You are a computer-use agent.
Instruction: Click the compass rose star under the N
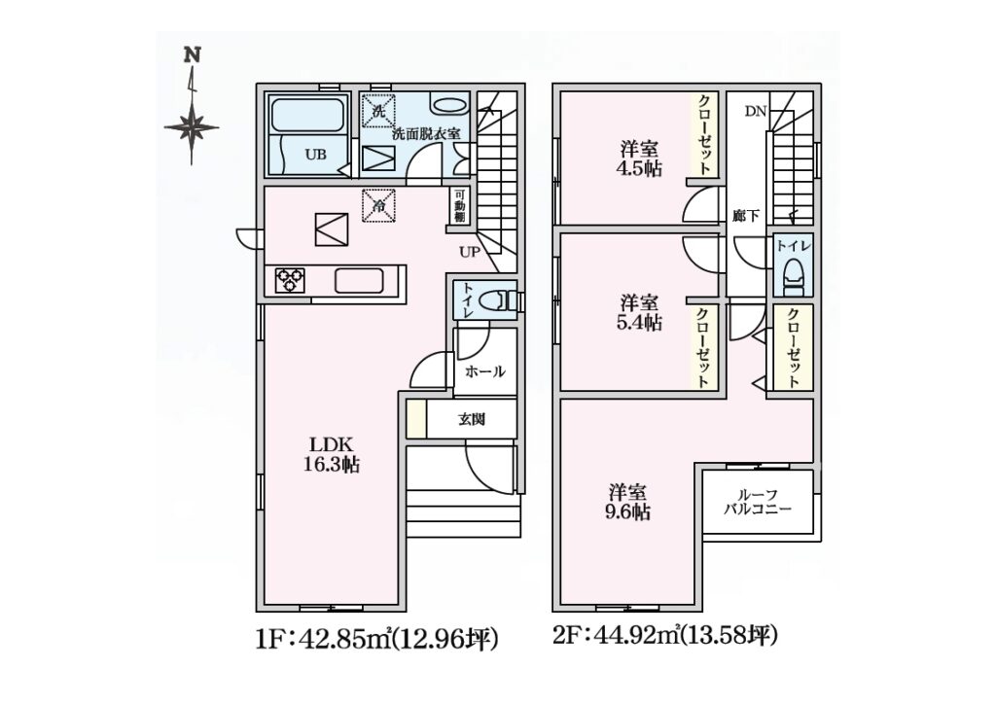click(x=192, y=127)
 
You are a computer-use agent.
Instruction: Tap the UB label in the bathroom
click(x=316, y=155)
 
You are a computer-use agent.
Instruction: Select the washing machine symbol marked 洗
click(x=378, y=111)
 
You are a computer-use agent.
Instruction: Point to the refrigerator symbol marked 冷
click(x=378, y=206)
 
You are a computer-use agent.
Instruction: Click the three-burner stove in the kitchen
click(x=290, y=280)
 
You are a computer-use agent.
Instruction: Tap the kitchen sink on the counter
click(x=359, y=281)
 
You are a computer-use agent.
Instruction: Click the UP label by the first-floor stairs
click(x=470, y=252)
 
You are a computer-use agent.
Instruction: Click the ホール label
click(x=485, y=371)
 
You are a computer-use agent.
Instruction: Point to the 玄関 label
click(x=472, y=419)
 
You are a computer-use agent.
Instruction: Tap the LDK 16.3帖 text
click(x=331, y=454)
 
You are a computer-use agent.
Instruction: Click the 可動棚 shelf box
click(x=459, y=206)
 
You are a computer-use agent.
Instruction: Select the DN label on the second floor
click(x=756, y=112)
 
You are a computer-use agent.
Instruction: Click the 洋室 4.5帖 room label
click(x=640, y=159)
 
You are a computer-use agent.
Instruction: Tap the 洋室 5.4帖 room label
click(x=640, y=312)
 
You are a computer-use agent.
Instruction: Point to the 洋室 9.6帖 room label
click(x=628, y=502)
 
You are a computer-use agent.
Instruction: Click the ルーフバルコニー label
click(x=758, y=502)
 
